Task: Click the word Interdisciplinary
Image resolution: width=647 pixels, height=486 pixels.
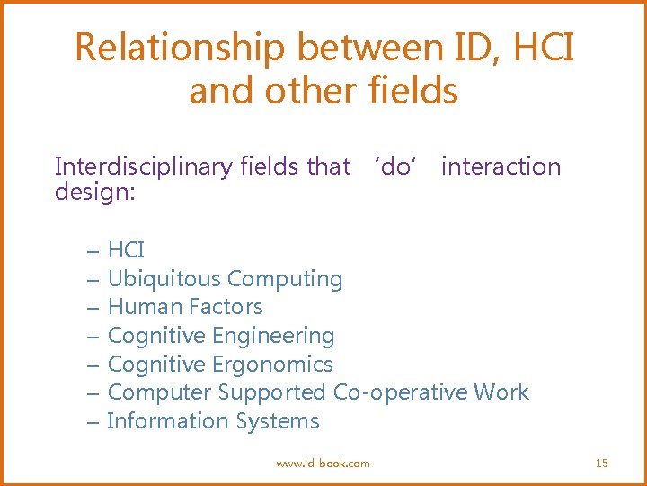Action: coord(143,166)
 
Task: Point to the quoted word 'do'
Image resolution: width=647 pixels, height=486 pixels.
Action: coord(393,166)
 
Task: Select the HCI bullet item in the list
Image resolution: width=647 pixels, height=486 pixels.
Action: coord(126,250)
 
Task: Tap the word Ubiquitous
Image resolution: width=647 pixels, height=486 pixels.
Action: coord(164,279)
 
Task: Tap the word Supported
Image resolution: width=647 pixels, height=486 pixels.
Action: coord(272,392)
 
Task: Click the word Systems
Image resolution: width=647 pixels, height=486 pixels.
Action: coord(278,421)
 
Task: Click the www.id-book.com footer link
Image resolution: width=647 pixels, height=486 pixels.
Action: coord(323,463)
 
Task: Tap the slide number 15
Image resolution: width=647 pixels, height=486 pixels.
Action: coord(602,463)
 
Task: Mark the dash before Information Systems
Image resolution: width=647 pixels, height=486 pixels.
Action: coord(93,421)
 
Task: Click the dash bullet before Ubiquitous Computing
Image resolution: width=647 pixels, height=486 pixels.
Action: coord(93,279)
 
